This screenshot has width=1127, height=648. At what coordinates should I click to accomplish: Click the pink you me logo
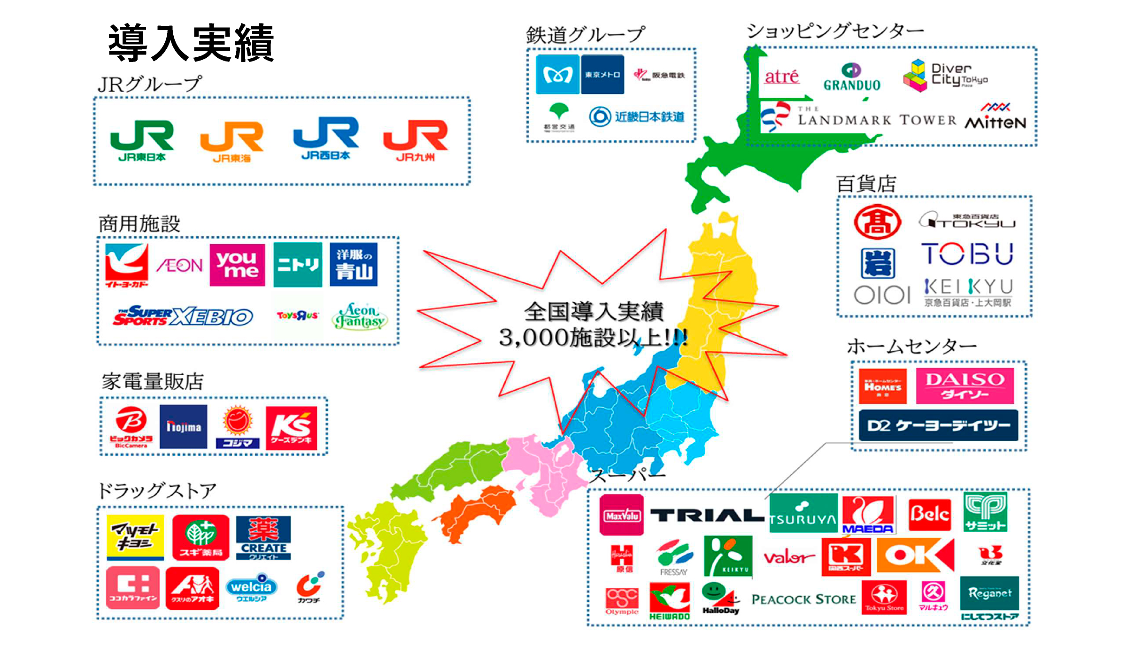(237, 265)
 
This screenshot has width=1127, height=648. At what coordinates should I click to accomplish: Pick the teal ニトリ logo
(298, 265)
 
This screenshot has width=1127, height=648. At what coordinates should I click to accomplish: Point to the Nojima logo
(184, 427)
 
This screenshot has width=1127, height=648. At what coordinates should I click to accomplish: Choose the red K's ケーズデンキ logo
(292, 428)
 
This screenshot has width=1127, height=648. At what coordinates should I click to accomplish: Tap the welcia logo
(251, 588)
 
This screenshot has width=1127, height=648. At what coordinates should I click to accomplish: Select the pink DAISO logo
(965, 386)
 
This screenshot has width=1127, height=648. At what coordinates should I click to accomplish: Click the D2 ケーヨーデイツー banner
(938, 425)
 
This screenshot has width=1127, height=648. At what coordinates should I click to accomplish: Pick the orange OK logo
(915, 555)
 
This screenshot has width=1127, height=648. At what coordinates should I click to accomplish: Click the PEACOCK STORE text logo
(803, 600)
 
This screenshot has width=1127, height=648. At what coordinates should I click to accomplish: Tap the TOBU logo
(967, 254)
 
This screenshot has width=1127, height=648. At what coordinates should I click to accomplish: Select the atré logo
(781, 77)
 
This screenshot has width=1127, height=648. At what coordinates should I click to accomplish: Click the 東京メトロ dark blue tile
(602, 75)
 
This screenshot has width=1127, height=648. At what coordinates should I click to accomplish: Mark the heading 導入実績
(191, 43)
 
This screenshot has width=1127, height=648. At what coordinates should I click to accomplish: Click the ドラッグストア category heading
(157, 491)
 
